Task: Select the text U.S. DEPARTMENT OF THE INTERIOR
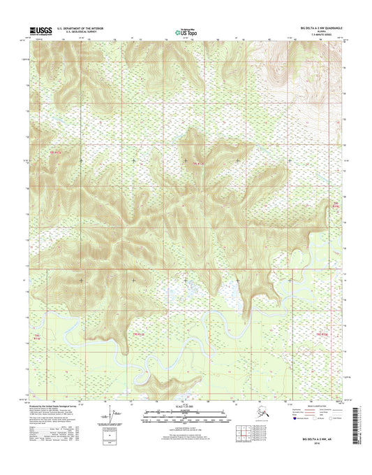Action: [x=84, y=29]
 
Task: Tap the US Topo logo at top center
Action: [x=186, y=31]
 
